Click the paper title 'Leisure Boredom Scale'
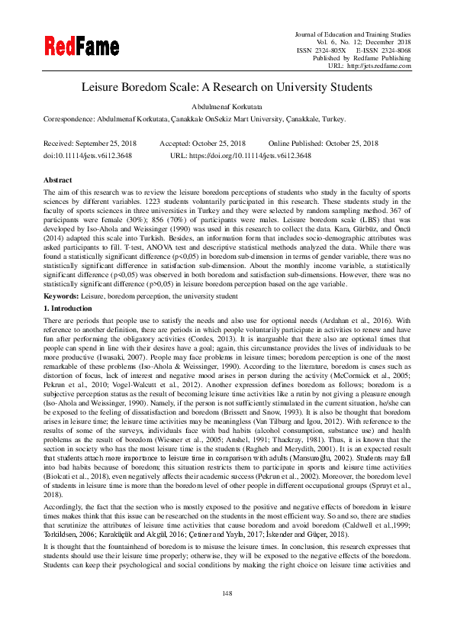pyautogui.click(x=227, y=87)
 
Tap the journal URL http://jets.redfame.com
pyautogui.click(x=380, y=66)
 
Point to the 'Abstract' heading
pyautogui.click(x=58, y=179)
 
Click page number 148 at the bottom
pyautogui.click(x=227, y=593)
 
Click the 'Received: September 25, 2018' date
pyautogui.click(x=89, y=144)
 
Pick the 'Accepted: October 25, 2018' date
pyautogui.click(x=202, y=144)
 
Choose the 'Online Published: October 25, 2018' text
pyautogui.click(x=323, y=144)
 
